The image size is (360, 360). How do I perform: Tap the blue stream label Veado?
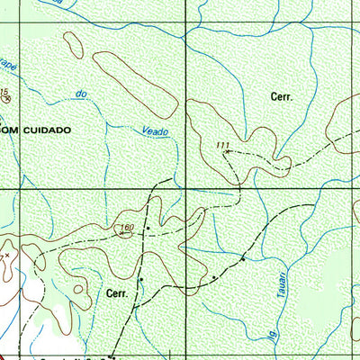(x=156, y=131)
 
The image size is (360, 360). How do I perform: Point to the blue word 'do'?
(x=82, y=94)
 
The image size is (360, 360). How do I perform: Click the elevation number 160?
(x=127, y=228)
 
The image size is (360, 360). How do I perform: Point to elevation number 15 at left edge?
(x=4, y=93)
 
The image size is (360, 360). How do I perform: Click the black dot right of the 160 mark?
(x=147, y=229)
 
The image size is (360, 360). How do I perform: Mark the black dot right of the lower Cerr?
(x=141, y=280)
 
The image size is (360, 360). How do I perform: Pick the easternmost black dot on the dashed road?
(x=242, y=259)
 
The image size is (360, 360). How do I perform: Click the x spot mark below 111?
(x=225, y=153)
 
